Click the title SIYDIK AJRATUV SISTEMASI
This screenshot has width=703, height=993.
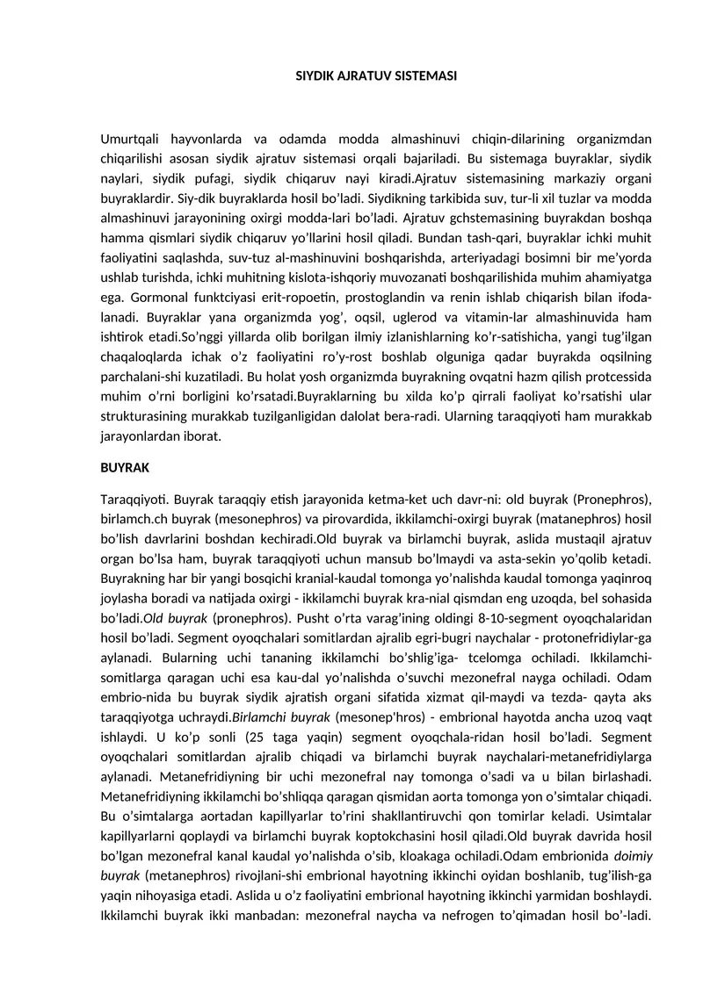point(375,76)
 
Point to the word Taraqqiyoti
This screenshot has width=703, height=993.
point(133,500)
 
